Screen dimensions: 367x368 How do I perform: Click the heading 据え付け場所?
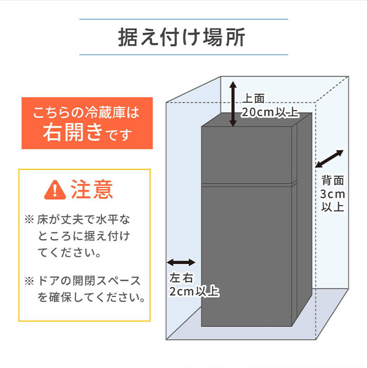click(x=181, y=37)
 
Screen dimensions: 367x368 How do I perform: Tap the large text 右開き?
click(x=73, y=133)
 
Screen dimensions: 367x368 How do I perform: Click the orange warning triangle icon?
click(x=55, y=190)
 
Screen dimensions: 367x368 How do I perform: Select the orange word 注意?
click(x=92, y=189)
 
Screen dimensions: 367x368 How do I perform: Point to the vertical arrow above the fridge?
click(x=233, y=104)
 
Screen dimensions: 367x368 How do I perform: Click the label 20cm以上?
click(x=270, y=112)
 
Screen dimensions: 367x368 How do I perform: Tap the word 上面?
click(x=254, y=99)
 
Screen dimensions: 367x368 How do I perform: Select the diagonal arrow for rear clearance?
click(x=329, y=159)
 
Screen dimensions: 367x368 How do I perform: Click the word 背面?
click(x=333, y=180)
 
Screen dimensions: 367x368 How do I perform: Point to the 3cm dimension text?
click(x=332, y=194)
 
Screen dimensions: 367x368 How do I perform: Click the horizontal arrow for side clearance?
click(x=181, y=263)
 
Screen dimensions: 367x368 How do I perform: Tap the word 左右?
click(x=181, y=278)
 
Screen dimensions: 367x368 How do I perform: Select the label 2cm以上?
click(x=195, y=291)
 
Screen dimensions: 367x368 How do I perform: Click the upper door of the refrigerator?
click(x=246, y=155)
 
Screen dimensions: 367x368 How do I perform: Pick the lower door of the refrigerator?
click(x=246, y=256)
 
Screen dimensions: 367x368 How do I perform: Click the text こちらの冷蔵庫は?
click(x=86, y=112)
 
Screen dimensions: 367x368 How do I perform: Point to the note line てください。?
click(x=69, y=253)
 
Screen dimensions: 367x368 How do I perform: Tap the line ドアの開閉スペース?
click(x=89, y=281)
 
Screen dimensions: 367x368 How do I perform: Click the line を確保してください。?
click(x=91, y=297)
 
